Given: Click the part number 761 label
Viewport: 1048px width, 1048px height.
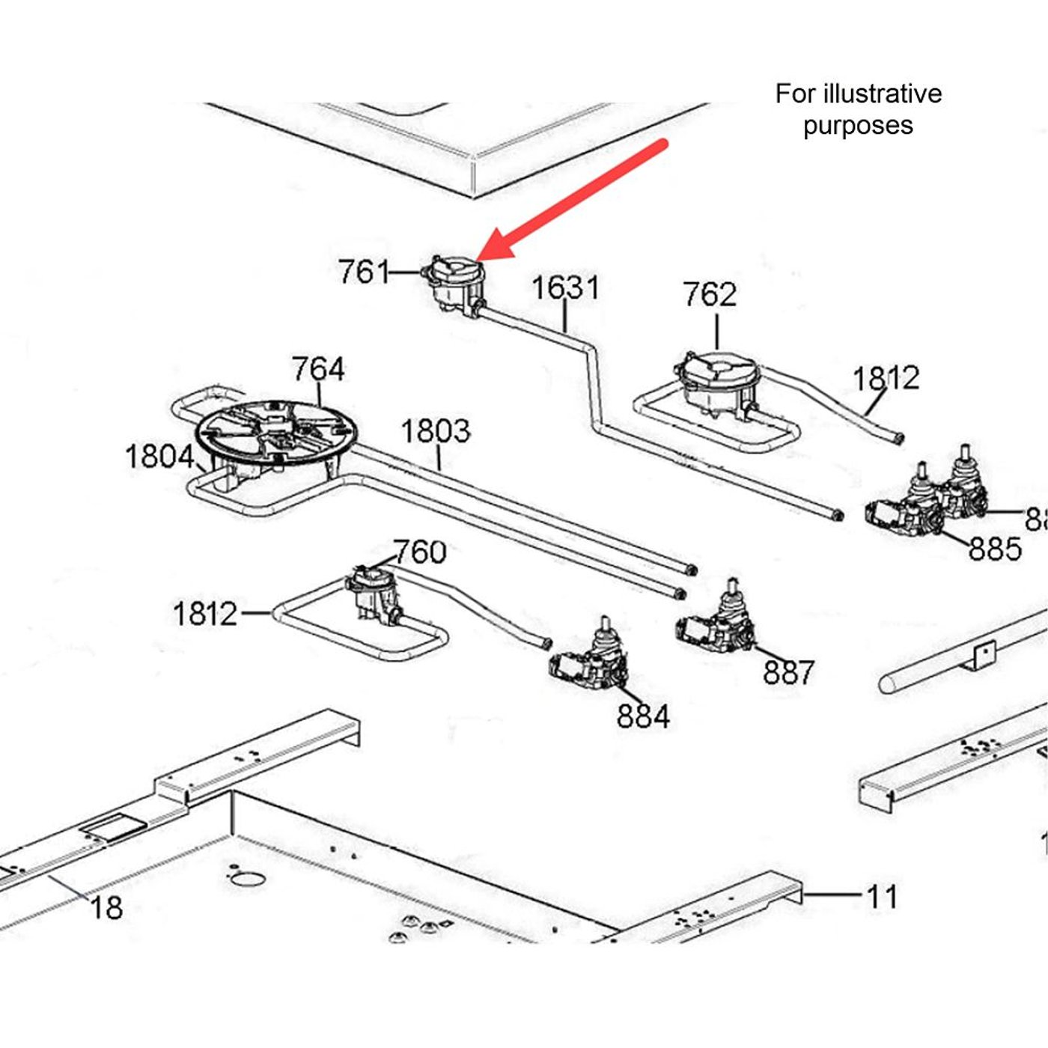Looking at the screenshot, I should (363, 272).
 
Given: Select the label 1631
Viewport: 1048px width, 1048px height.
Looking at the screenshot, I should (565, 288).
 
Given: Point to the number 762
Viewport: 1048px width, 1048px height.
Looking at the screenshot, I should (709, 294).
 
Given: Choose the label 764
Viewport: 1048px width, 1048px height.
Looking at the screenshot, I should (318, 369).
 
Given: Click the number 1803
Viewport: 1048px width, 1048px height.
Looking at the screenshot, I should (435, 431).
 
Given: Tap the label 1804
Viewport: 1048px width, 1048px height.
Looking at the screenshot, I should (159, 457).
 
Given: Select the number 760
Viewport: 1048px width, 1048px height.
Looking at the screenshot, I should (419, 552).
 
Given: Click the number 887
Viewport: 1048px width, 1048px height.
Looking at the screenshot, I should (788, 672).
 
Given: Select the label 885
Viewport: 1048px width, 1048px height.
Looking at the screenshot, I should (995, 549).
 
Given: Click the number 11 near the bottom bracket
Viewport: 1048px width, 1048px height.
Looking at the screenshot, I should (881, 896).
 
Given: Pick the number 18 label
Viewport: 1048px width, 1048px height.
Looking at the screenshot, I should (106, 908).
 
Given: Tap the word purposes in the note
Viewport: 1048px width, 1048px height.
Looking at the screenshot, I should (858, 125).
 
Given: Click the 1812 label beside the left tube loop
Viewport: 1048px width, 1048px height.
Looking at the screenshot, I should (204, 614).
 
